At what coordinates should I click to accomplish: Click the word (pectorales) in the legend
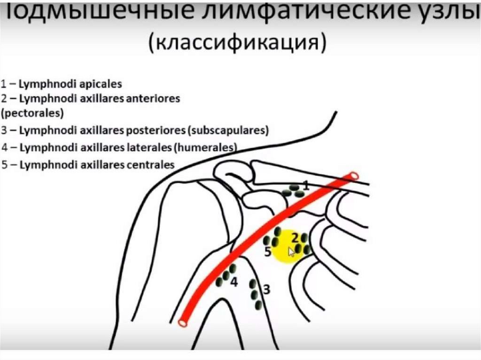pos(32,113)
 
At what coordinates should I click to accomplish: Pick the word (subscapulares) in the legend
pos(231,130)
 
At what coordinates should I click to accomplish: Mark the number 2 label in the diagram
pos(295,237)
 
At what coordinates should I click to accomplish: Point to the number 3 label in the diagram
pos(266,290)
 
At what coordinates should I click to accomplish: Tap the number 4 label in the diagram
pos(234,283)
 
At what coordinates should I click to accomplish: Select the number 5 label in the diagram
pos(267,252)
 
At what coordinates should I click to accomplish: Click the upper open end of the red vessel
pos(353,176)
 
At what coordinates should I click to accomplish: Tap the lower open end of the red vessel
pos(182,323)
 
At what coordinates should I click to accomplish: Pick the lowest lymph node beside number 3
pos(258,305)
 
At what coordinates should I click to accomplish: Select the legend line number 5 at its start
pos(4,165)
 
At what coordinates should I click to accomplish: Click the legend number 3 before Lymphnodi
pos(4,130)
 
